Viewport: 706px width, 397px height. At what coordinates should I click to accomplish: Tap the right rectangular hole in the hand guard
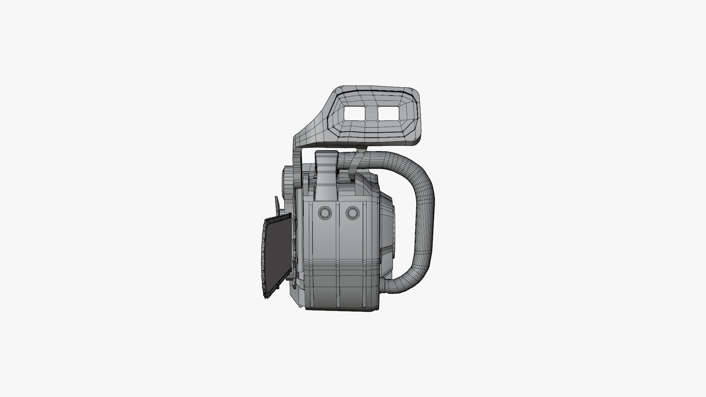pos(388,113)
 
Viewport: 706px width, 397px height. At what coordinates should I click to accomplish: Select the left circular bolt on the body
pos(325,213)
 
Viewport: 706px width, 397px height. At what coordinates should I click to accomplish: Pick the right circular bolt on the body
pos(352,213)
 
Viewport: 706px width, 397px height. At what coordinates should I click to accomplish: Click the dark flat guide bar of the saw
pos(279,257)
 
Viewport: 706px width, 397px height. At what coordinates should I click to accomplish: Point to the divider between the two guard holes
pos(372,113)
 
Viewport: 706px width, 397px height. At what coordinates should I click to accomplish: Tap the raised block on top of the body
pos(326,173)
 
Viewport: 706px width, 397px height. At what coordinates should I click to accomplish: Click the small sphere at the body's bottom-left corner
pos(301,306)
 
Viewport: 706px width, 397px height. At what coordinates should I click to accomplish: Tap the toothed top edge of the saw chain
pos(278,219)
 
